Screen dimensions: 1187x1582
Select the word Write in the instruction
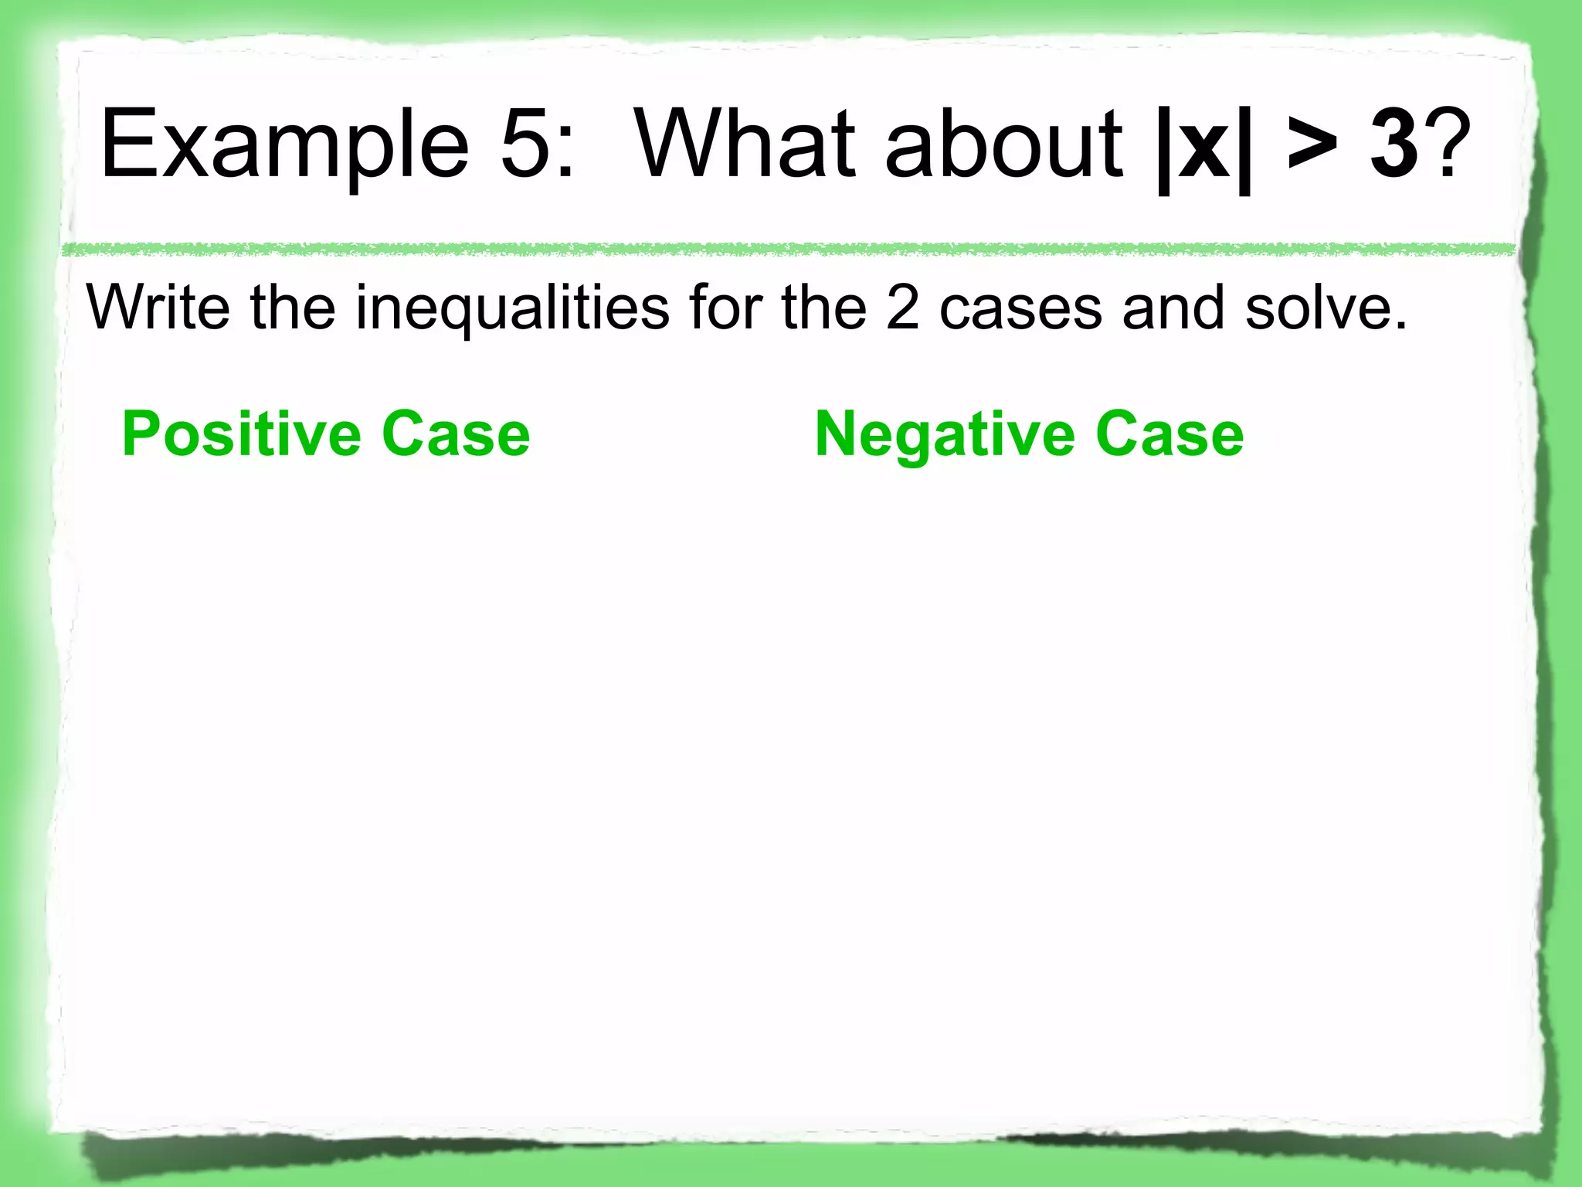[158, 308]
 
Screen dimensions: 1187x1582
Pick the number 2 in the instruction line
[903, 308]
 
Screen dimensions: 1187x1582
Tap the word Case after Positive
[456, 434]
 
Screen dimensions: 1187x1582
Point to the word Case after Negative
[1170, 434]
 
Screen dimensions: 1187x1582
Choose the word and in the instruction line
[1173, 308]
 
